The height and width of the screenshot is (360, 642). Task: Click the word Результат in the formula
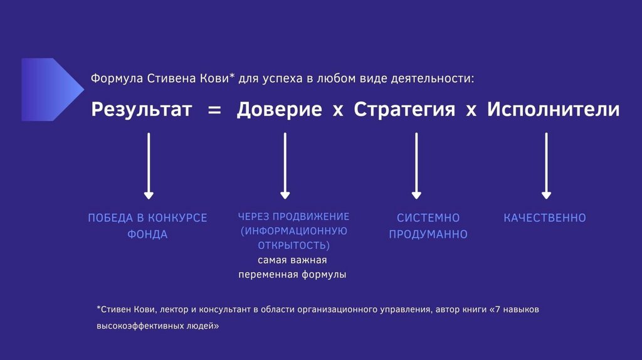pyautogui.click(x=142, y=109)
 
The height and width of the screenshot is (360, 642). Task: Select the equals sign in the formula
pyautogui.click(x=214, y=110)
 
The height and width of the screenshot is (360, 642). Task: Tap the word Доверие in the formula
pyautogui.click(x=279, y=109)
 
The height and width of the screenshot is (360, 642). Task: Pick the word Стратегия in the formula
pyautogui.click(x=404, y=109)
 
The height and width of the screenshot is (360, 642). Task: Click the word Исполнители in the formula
pyautogui.click(x=554, y=109)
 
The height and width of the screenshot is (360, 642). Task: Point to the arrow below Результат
pyautogui.click(x=149, y=166)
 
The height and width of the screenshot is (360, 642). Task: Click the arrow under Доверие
pyautogui.click(x=285, y=166)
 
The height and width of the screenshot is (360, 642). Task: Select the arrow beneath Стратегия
pyautogui.click(x=416, y=166)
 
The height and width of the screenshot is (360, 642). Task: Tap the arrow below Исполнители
pyautogui.click(x=546, y=166)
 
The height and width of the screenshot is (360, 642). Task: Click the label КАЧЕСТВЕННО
pyautogui.click(x=545, y=218)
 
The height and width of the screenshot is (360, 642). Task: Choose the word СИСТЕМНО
pyautogui.click(x=428, y=218)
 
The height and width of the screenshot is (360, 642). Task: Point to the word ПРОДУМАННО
pyautogui.click(x=428, y=235)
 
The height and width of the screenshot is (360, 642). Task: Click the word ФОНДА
pyautogui.click(x=147, y=235)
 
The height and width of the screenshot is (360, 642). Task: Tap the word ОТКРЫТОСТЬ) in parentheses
pyautogui.click(x=293, y=245)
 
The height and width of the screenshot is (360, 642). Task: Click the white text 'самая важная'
pyautogui.click(x=292, y=260)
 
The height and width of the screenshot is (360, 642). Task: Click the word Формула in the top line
pyautogui.click(x=117, y=79)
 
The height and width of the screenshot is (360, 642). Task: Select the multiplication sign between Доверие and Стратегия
pyautogui.click(x=338, y=110)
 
